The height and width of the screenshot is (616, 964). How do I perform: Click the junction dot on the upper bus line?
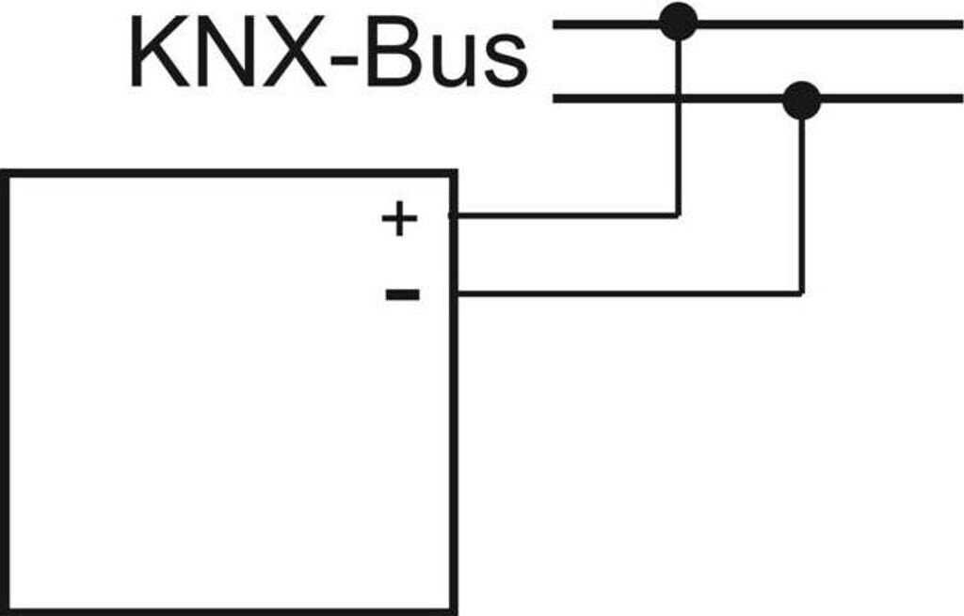click(x=678, y=23)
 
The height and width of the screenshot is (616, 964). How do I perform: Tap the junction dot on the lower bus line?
click(x=801, y=100)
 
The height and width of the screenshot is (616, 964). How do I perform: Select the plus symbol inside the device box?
click(x=399, y=219)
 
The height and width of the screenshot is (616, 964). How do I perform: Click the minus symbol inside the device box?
click(x=403, y=294)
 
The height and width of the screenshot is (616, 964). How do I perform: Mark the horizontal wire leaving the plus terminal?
click(x=565, y=215)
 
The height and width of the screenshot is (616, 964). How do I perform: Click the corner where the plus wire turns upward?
click(x=678, y=215)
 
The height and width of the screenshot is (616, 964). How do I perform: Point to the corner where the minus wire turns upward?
click(x=801, y=294)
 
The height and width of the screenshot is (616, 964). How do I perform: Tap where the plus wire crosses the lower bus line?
click(x=678, y=99)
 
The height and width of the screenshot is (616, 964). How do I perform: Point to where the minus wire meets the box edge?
click(x=456, y=294)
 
